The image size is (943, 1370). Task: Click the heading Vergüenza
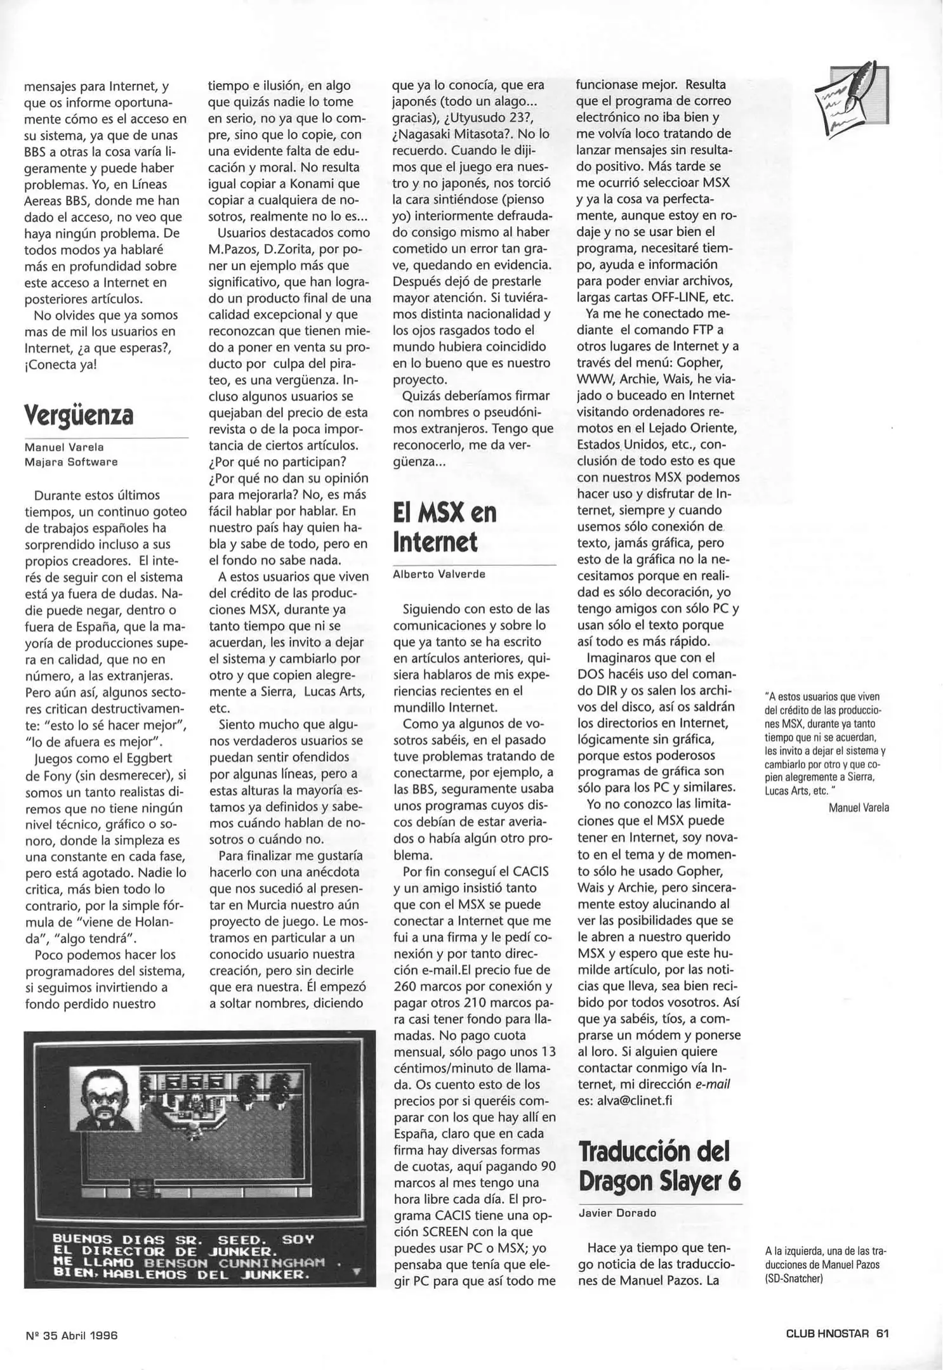(79, 415)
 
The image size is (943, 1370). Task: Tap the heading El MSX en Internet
(444, 527)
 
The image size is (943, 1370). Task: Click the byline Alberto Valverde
(439, 574)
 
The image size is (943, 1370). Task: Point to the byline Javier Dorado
(617, 1213)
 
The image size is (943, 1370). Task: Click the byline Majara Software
(71, 462)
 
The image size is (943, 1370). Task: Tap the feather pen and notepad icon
(850, 98)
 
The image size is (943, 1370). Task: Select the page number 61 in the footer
(882, 1333)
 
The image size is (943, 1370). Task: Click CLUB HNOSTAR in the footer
(827, 1333)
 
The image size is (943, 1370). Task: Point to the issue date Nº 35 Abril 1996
(72, 1335)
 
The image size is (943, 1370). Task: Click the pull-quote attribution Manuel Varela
(859, 807)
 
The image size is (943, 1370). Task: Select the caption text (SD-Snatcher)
(793, 1278)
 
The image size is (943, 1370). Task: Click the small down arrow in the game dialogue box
(356, 1271)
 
